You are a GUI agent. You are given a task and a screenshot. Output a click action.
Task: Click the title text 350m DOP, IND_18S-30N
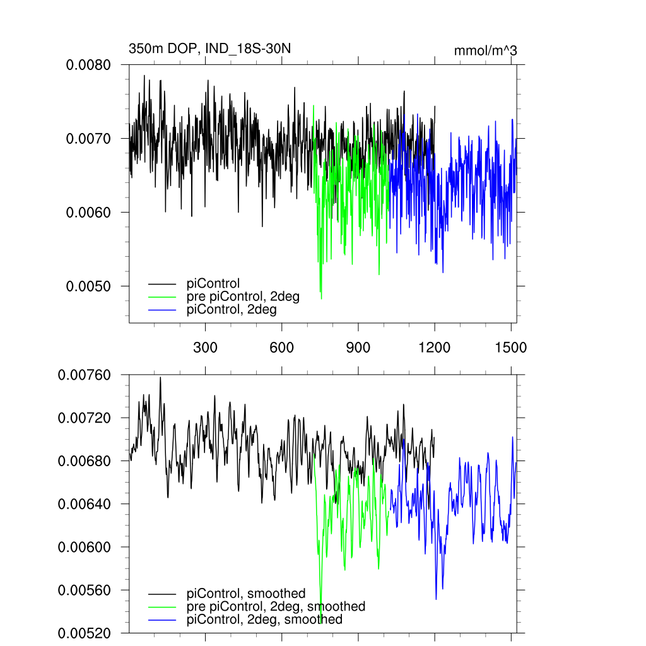click(x=209, y=49)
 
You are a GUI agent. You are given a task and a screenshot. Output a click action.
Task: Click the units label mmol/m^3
click(x=485, y=50)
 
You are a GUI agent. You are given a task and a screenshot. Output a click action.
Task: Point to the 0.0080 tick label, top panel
click(x=89, y=65)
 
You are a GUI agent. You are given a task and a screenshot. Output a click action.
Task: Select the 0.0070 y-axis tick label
click(x=89, y=139)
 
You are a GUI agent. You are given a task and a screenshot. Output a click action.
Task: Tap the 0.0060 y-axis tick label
click(x=89, y=213)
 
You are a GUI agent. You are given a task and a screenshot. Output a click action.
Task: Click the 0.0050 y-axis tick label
click(x=89, y=286)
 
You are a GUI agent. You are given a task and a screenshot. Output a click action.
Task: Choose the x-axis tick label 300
click(x=205, y=347)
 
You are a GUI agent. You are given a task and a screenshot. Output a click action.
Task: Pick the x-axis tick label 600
click(x=282, y=347)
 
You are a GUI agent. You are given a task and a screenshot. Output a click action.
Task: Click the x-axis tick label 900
click(x=358, y=347)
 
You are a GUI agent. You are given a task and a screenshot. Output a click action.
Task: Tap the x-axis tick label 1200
click(x=435, y=347)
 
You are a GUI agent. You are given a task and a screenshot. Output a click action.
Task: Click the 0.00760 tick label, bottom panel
click(x=85, y=375)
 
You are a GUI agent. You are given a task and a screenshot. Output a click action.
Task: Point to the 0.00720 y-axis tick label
click(x=85, y=418)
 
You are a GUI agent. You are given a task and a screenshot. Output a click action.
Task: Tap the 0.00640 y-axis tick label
click(x=85, y=504)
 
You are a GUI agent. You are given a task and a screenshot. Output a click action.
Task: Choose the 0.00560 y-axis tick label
click(x=85, y=590)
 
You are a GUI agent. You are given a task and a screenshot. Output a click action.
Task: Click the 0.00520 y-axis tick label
click(x=85, y=633)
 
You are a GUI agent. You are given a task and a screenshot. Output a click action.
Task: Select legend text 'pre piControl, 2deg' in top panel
click(x=243, y=297)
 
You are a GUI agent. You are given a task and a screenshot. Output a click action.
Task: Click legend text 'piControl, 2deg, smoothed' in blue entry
click(x=264, y=620)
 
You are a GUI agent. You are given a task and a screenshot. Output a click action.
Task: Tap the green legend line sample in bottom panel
click(x=163, y=607)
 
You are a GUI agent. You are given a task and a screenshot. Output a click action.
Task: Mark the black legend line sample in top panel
click(x=163, y=284)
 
